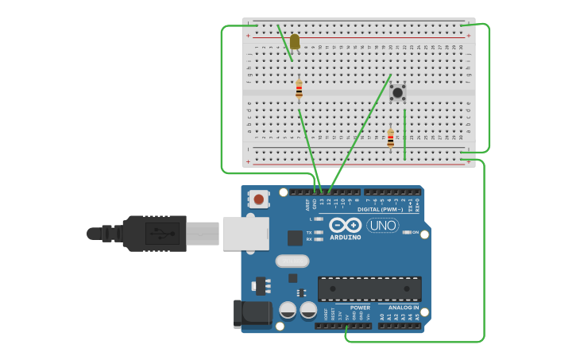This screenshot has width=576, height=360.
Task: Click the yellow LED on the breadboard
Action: point(295,41)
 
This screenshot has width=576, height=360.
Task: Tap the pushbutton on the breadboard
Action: point(397,93)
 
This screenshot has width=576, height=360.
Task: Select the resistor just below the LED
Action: point(299,89)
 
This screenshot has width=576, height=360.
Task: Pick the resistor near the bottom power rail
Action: point(390,138)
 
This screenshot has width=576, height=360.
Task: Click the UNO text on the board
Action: point(382,226)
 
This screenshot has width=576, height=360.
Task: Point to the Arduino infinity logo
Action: point(346,225)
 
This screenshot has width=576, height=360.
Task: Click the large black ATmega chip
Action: point(369,288)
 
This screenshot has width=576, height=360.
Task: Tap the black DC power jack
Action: point(252,313)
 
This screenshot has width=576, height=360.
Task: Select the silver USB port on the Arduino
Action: point(245,234)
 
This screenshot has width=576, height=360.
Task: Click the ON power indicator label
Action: point(415,232)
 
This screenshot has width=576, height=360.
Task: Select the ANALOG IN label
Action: point(403,308)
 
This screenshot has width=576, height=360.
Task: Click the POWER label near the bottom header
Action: point(360,308)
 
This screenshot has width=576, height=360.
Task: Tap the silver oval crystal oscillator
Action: point(292,261)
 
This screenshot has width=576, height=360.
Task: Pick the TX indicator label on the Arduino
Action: point(309,232)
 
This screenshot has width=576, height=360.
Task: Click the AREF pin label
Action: point(307,204)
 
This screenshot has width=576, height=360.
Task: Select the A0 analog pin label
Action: point(382,316)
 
